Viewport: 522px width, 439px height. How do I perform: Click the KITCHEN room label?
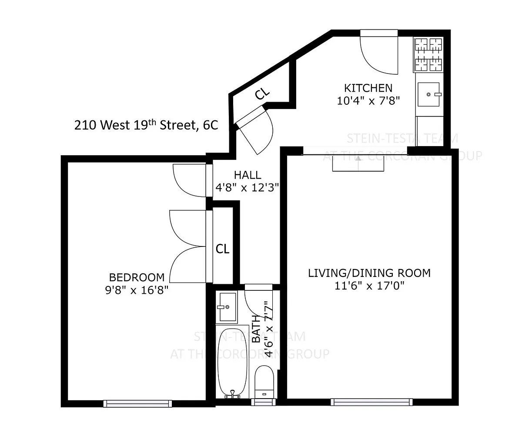point(368,88)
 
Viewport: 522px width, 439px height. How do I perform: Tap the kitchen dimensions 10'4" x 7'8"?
point(368,101)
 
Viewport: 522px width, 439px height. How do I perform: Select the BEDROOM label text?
point(137,277)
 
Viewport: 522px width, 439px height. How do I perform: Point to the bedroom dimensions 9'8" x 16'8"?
point(137,290)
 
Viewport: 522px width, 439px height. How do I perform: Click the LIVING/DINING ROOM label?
point(369,273)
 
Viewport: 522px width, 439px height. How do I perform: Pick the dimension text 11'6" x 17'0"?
point(369,286)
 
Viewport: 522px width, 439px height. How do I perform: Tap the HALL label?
point(248,175)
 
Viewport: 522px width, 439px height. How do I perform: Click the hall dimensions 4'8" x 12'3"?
point(247,188)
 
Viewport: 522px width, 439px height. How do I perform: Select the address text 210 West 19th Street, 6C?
point(146,125)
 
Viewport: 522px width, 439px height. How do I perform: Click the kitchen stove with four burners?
point(428,54)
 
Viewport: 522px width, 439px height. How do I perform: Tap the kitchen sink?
point(428,94)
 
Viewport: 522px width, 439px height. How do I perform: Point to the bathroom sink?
point(228,307)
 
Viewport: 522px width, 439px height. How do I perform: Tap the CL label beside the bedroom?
point(222,249)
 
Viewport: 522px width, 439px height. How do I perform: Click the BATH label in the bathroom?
point(256,329)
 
